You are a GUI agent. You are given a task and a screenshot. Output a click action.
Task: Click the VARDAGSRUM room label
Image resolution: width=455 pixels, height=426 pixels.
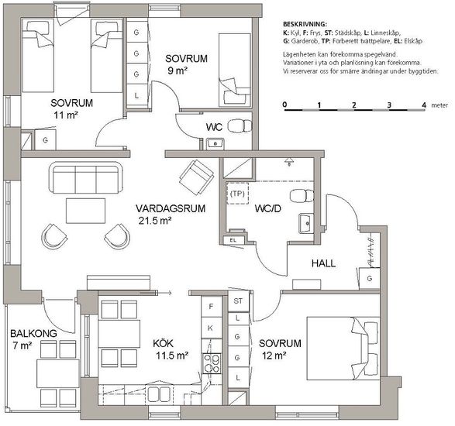(171, 208)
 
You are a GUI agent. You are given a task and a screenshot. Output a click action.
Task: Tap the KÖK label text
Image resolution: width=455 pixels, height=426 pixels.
(163, 344)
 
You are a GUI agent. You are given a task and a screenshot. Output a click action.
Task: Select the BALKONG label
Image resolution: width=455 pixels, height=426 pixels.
(33, 334)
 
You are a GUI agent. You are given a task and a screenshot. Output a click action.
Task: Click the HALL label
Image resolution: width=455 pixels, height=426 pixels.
(323, 263)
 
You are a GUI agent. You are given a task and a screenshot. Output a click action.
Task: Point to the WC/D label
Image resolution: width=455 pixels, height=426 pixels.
(268, 208)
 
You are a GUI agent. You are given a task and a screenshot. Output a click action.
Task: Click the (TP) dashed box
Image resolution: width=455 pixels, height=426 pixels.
(237, 194)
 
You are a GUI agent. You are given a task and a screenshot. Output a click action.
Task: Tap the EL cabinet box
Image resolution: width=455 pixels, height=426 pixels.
(233, 240)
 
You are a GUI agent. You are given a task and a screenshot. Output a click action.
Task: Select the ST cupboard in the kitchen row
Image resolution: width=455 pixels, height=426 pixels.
(238, 301)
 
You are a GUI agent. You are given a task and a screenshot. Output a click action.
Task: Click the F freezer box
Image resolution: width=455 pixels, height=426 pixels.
(212, 307)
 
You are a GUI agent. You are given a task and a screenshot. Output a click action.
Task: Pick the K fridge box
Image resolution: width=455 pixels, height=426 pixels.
(212, 328)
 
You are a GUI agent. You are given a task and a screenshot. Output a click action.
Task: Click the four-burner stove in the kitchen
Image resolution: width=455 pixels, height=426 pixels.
(212, 364)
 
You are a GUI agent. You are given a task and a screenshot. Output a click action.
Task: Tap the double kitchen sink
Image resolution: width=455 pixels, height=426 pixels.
(159, 394)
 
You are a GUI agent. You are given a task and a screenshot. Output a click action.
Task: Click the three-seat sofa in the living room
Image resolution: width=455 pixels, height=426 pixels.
(86, 177)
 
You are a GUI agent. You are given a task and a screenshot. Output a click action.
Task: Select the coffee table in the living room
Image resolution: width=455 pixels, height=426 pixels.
(85, 211)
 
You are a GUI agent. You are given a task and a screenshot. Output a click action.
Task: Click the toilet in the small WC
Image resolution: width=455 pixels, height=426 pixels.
(240, 126)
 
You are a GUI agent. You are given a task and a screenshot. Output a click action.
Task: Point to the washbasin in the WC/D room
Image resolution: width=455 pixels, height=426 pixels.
(306, 224)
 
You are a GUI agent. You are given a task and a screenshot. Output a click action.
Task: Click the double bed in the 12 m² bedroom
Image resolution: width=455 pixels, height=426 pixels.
(343, 349)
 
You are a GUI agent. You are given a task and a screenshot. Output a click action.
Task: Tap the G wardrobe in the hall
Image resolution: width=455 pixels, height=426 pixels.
(370, 278)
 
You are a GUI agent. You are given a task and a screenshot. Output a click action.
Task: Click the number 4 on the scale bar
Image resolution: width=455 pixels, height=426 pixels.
(424, 105)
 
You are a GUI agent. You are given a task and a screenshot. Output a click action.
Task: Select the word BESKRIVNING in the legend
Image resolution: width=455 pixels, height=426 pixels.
(305, 24)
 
